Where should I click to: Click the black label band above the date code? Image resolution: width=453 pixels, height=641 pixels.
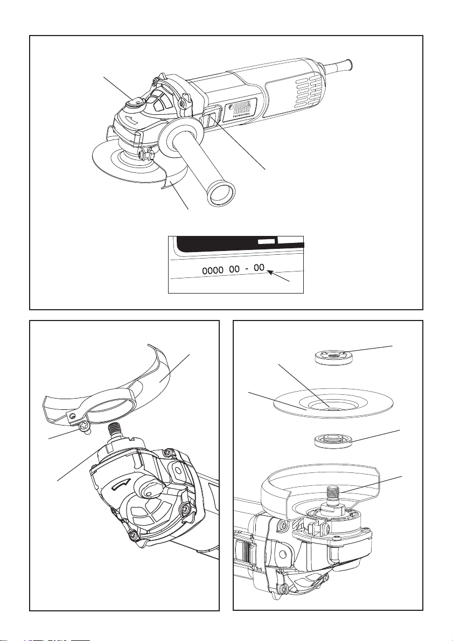pyautogui.click(x=237, y=244)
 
